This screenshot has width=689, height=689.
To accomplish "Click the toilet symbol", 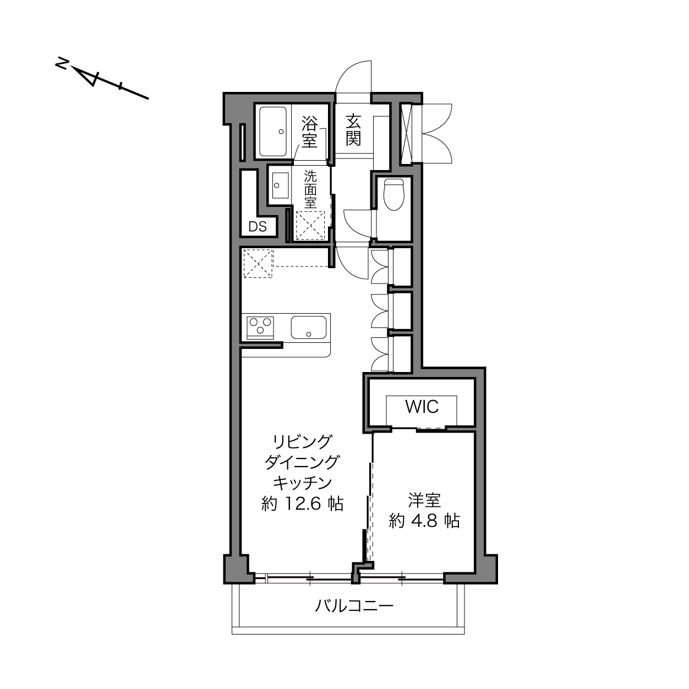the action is click(x=393, y=194).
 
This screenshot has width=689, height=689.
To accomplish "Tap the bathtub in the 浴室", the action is click(x=273, y=131).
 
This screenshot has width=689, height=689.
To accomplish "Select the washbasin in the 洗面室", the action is click(x=280, y=185).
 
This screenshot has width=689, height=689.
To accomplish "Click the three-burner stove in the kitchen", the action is click(x=260, y=327).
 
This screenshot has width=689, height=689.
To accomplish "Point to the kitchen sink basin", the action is click(x=309, y=327).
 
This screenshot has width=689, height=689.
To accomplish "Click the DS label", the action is click(x=258, y=226).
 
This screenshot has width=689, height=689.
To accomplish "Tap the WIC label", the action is click(x=422, y=407).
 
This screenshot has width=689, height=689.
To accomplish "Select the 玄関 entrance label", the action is click(x=353, y=130).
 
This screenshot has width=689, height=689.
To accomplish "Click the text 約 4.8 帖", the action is click(x=424, y=521).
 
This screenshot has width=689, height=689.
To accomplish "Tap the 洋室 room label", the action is click(x=424, y=500).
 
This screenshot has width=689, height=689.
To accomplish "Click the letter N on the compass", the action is click(x=62, y=64).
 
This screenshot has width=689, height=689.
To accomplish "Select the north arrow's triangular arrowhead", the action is click(x=88, y=77).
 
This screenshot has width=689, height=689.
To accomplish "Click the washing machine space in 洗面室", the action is click(x=310, y=225).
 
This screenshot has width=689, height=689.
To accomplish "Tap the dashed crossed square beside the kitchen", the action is click(x=258, y=264).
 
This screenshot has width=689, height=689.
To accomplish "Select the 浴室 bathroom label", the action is click(x=310, y=132).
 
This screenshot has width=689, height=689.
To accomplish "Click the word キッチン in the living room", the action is click(x=303, y=483).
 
